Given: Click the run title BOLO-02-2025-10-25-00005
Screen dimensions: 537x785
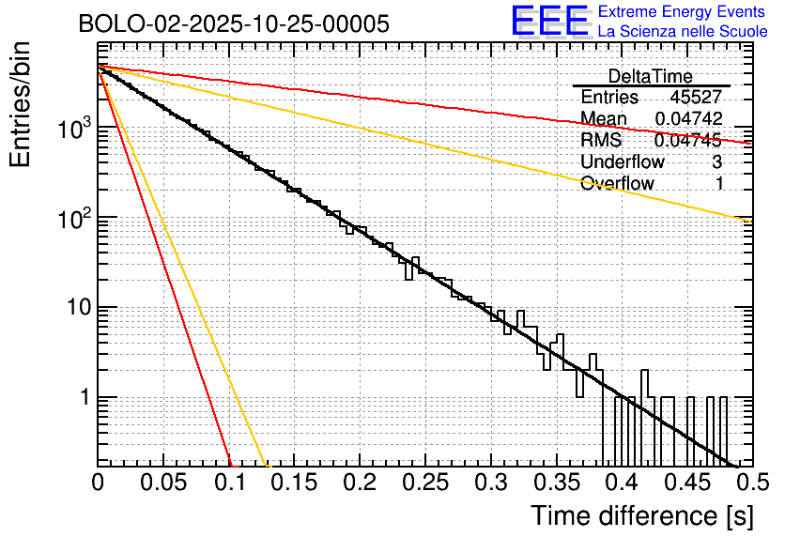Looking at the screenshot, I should click(234, 24).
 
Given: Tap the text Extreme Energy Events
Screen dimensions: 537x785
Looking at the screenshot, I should click(683, 12).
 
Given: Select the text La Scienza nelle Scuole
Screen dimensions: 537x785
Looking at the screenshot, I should click(683, 31).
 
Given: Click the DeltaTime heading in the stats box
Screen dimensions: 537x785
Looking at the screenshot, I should click(650, 76).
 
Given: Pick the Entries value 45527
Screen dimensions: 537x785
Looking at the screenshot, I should click(696, 98).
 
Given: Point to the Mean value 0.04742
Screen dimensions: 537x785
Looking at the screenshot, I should click(688, 119).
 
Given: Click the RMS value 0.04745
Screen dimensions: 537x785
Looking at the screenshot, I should click(688, 141).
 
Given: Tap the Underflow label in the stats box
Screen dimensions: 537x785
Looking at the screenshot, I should click(623, 162).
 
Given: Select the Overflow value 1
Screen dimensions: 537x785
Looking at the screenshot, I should click(719, 184).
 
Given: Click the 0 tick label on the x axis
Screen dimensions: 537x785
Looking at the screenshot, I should click(98, 483).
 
